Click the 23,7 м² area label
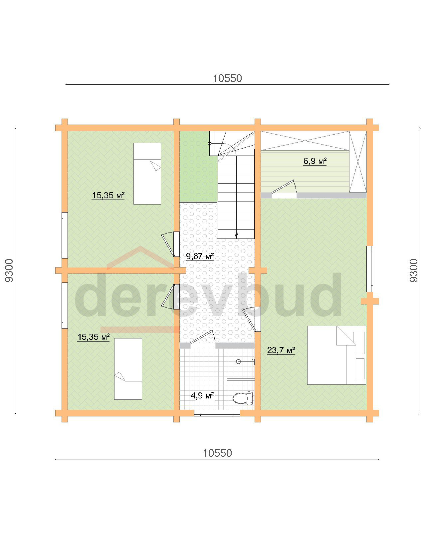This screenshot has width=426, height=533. [x=281, y=350]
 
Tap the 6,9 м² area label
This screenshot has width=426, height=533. [x=315, y=161]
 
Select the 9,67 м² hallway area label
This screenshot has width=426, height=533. [x=199, y=256]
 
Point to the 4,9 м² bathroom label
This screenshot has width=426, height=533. [x=202, y=395]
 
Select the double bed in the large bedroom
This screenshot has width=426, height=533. [x=336, y=355]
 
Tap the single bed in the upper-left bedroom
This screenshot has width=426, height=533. [x=147, y=174]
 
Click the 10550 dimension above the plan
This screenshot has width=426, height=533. [x=227, y=78]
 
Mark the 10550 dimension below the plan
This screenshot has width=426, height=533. [x=217, y=453]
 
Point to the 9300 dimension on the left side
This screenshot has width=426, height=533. [x=9, y=270]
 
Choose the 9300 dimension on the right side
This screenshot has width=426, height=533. [x=414, y=270]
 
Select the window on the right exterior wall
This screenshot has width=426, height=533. [x=369, y=269]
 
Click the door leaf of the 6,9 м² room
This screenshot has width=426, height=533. [x=283, y=187]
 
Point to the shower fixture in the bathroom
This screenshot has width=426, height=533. [x=246, y=362]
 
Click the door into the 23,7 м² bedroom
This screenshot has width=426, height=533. [x=252, y=319]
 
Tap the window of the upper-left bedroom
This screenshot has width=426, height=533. [x=65, y=235]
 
